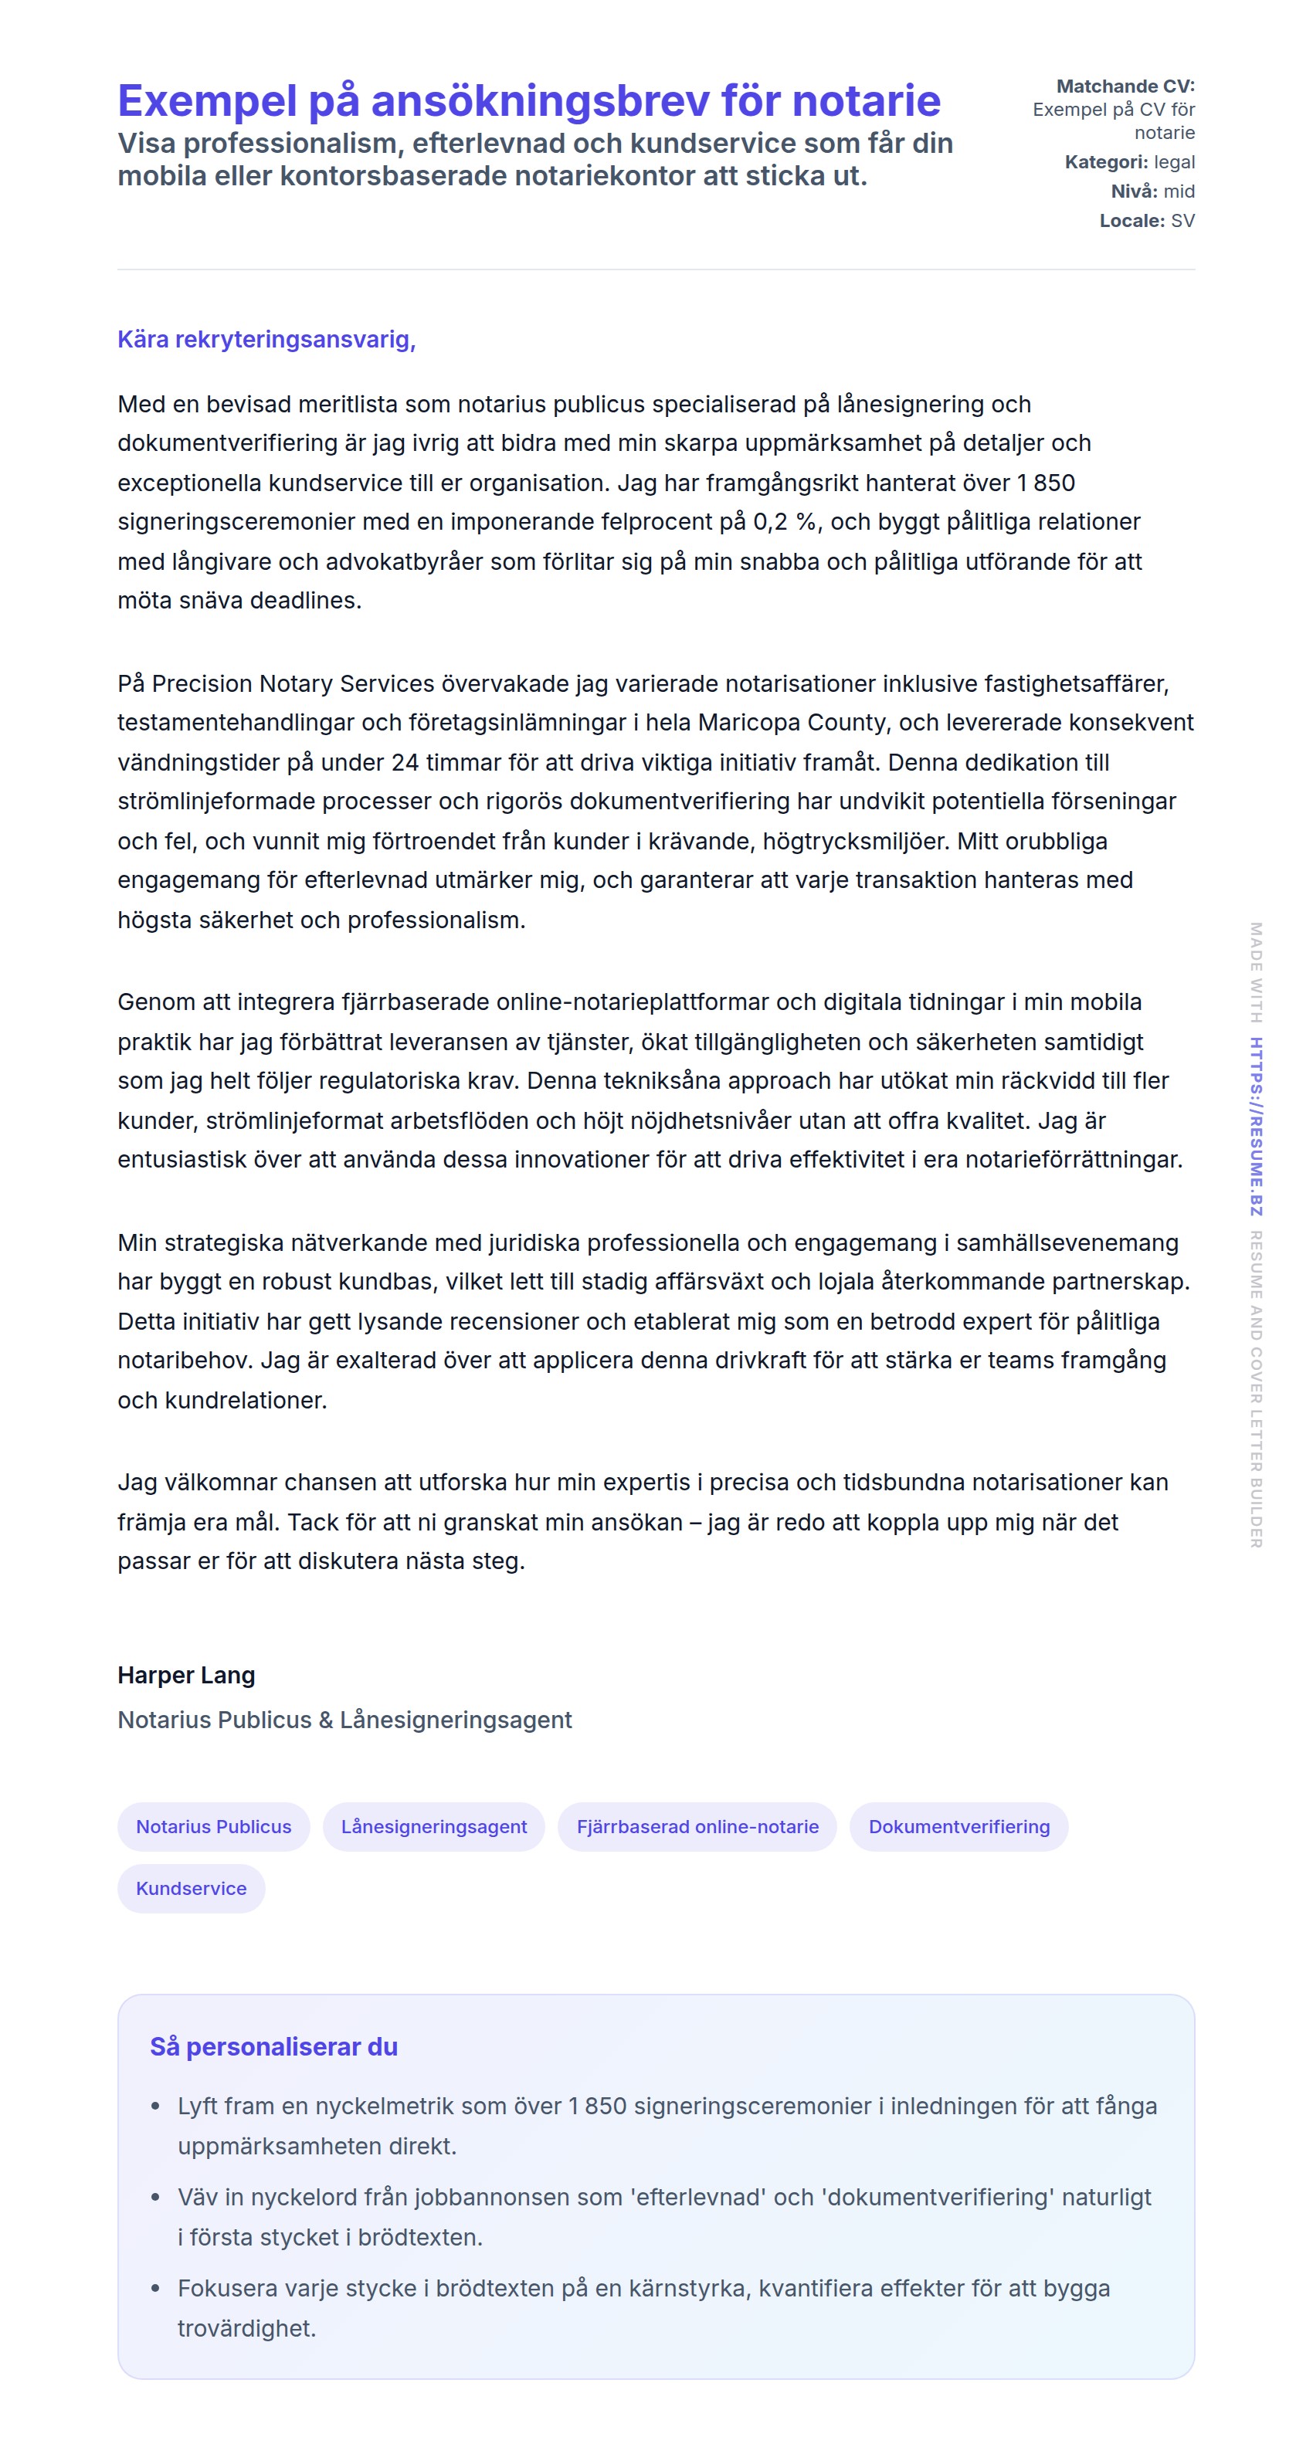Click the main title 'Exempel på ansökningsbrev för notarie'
coord(529,101)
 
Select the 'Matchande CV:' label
coord(1125,86)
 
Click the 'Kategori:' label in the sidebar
coord(1105,162)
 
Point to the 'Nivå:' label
coord(1133,192)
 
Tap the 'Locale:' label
coord(1131,221)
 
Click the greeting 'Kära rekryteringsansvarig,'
coord(266,339)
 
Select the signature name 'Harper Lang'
coord(186,1675)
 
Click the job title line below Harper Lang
coord(344,1720)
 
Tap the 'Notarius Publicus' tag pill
coord(213,1826)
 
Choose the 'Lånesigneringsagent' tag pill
coord(433,1826)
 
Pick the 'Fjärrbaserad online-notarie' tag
coord(697,1826)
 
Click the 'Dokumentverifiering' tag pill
coord(958,1826)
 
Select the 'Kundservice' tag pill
coord(191,1888)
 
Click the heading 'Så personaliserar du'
coord(273,2046)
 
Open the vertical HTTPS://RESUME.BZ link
coord(1256,1125)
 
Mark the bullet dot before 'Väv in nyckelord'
coord(155,2198)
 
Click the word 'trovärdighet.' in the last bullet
coord(246,2328)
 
